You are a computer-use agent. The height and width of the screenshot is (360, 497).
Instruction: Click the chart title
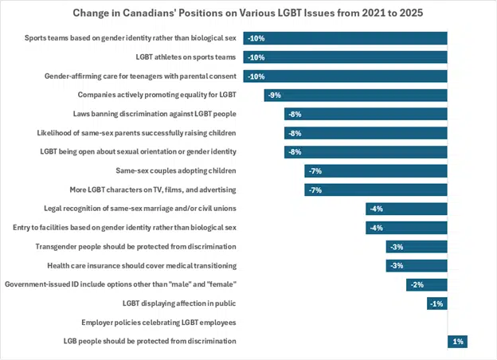pos(248,13)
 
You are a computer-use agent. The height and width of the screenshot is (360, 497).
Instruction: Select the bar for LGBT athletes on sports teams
pos(345,57)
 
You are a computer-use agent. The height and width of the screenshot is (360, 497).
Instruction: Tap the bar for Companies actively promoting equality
pos(355,96)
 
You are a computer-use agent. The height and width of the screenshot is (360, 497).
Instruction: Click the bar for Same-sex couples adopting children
pos(375,170)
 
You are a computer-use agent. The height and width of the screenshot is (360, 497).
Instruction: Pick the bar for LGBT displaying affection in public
pos(436,303)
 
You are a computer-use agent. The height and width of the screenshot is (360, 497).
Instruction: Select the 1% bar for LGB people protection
pos(457,341)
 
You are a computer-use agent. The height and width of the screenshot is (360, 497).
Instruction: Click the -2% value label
pos(416,284)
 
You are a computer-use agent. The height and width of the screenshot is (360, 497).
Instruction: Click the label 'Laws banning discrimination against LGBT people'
pos(155,114)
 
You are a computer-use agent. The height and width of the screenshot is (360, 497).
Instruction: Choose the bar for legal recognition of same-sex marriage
pos(406,209)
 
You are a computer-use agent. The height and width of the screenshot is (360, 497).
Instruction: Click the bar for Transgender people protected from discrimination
pos(417,247)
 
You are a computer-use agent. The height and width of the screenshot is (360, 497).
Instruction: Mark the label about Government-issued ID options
pos(121,284)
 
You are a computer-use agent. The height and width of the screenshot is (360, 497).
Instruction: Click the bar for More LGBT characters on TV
pos(375,190)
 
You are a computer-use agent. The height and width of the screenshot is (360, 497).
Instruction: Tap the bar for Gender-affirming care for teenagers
pos(345,76)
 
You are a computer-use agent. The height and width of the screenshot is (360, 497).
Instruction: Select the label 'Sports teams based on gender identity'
pos(131,38)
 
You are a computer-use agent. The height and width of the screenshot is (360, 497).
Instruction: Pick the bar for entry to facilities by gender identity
pos(406,228)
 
